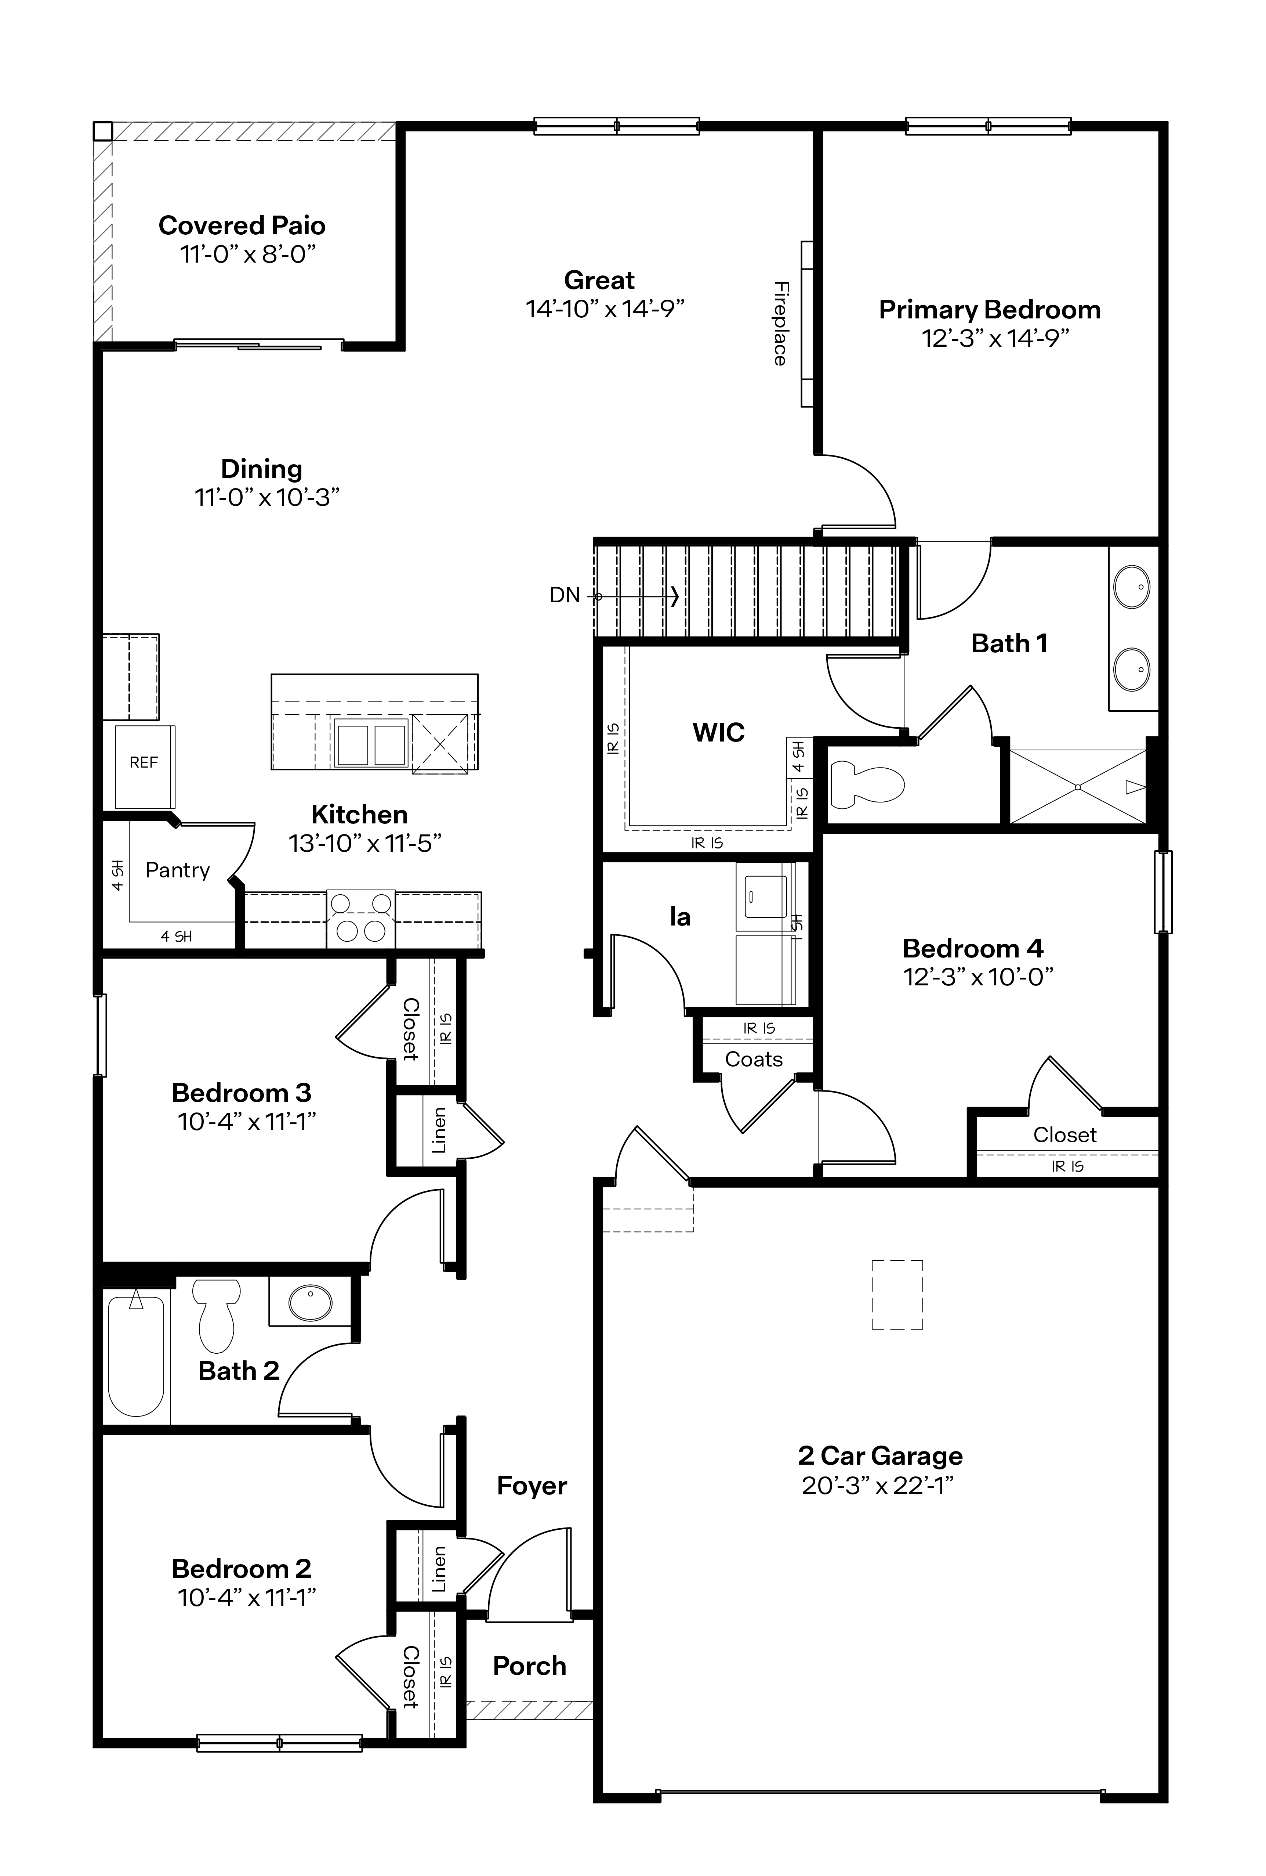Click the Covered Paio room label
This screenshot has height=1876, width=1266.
[x=242, y=225]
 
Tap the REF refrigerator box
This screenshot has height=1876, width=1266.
[x=144, y=766]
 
